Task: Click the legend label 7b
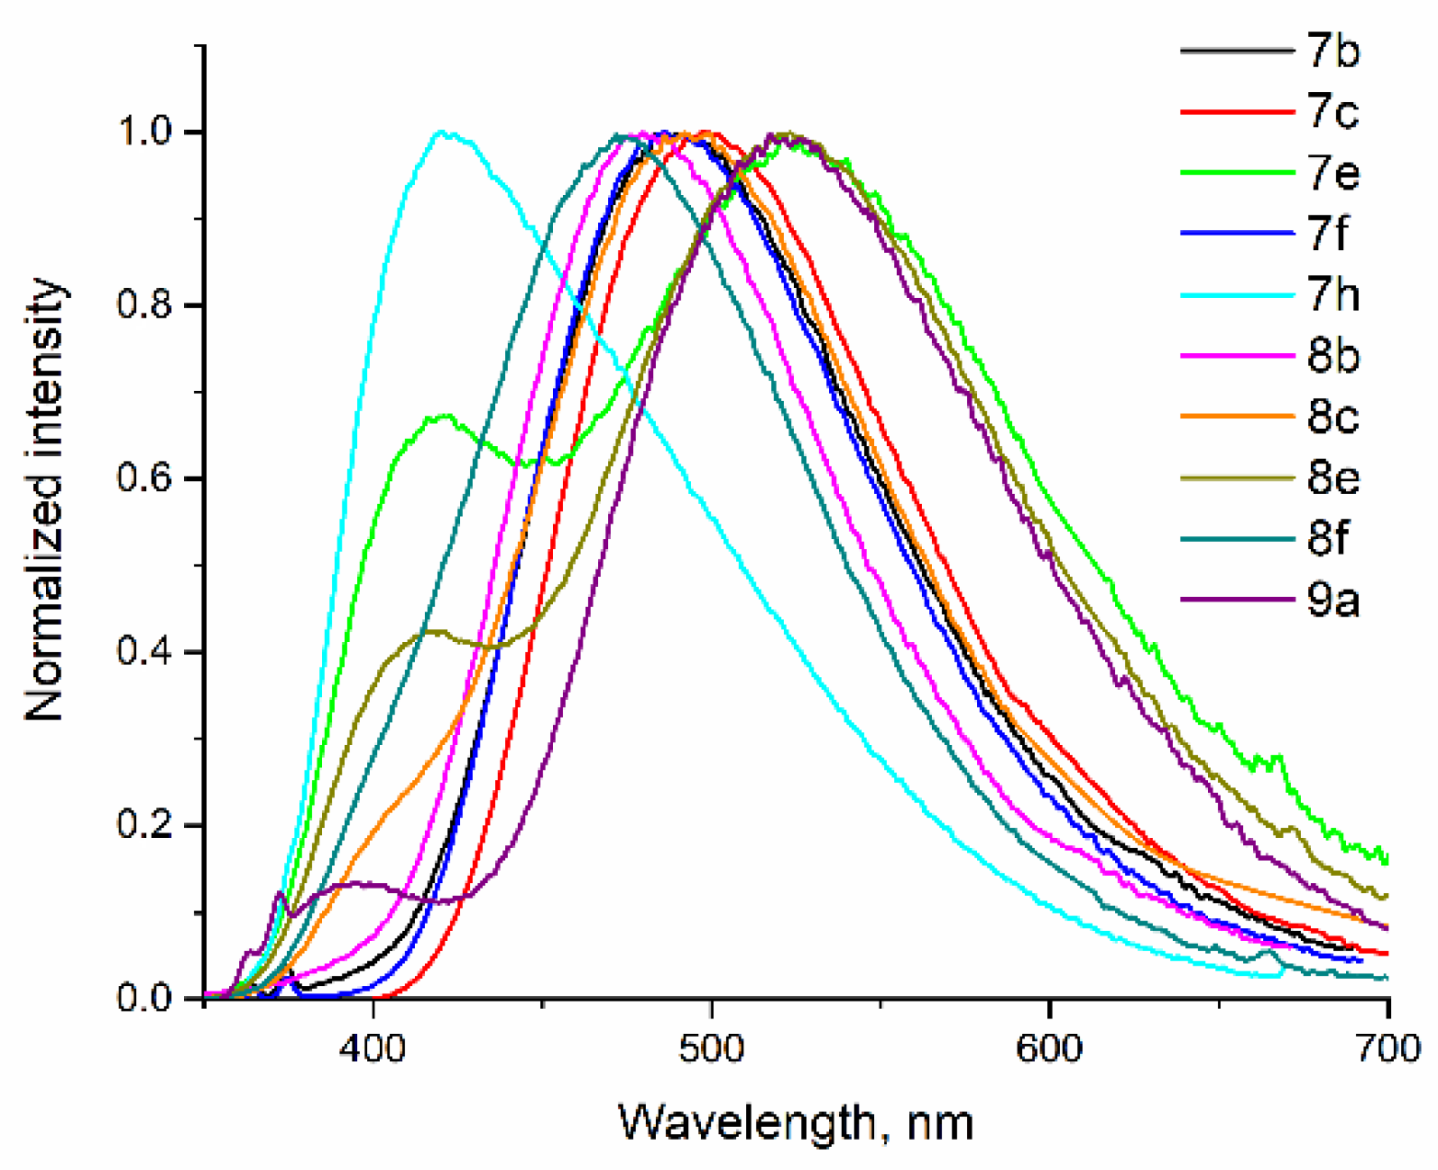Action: pos(1332,52)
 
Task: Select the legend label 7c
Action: pos(1332,112)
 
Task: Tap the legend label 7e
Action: pos(1332,173)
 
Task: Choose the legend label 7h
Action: pos(1332,294)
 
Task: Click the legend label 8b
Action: pos(1332,356)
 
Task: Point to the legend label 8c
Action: pos(1332,417)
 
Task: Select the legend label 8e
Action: pos(1332,477)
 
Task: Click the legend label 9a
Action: pos(1332,600)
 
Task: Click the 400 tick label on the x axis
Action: pos(373,1049)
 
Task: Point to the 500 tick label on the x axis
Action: pos(710,1049)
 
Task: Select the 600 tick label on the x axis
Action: pos(1049,1049)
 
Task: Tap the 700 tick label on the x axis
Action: pos(1386,1049)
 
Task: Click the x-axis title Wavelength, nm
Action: pos(795,1123)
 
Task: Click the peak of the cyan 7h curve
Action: pos(443,132)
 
